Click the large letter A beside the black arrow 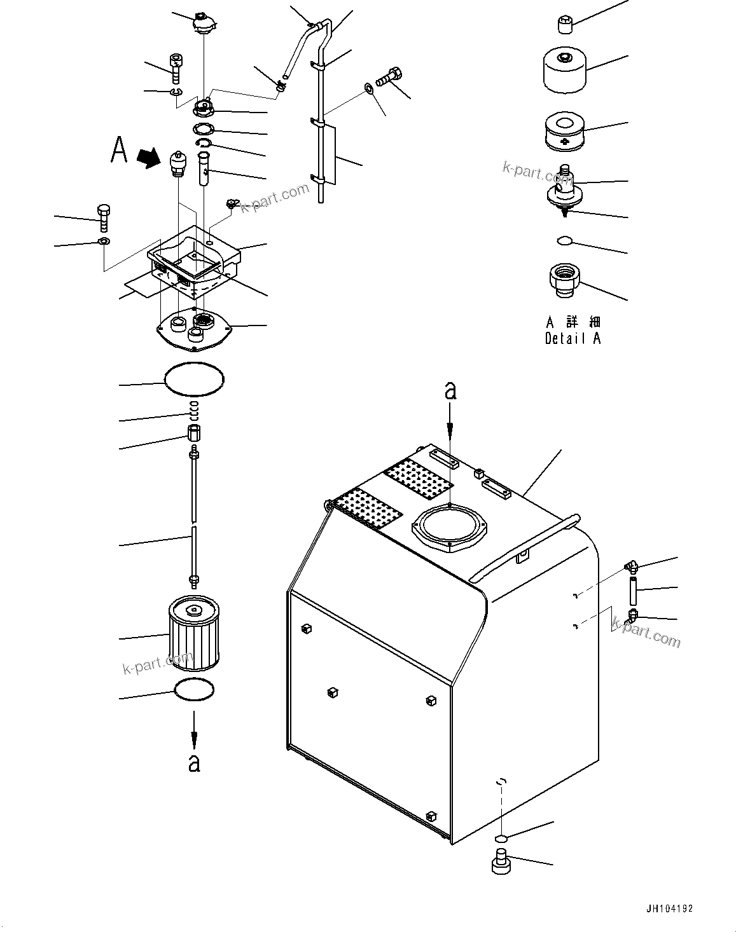click(x=119, y=149)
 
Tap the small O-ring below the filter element click(x=194, y=690)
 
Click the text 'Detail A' click(x=573, y=338)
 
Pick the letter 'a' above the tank click(x=450, y=391)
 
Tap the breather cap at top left click(x=204, y=24)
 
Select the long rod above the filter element click(x=193, y=515)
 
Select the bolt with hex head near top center click(x=389, y=78)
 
